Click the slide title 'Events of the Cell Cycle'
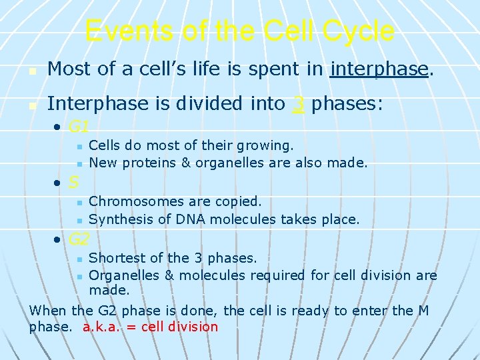(240, 31)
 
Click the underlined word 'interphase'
(378, 69)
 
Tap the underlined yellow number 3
(298, 104)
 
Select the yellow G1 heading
(79, 126)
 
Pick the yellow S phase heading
(74, 182)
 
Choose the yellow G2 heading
(79, 239)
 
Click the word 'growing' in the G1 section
(267, 145)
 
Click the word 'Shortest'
(115, 258)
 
